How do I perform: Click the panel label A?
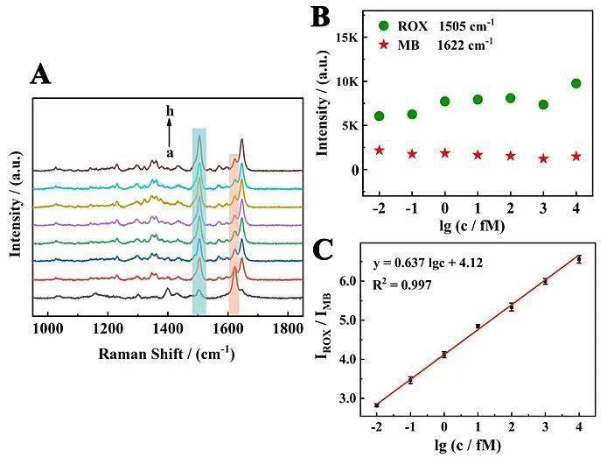click(41, 75)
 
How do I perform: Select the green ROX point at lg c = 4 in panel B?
click(576, 83)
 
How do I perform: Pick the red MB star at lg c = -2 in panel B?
click(379, 151)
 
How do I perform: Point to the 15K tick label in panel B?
click(345, 38)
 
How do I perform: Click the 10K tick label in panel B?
click(345, 81)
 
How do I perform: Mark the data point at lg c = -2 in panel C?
click(377, 404)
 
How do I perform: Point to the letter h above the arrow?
click(171, 112)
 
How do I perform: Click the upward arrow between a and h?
click(171, 131)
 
